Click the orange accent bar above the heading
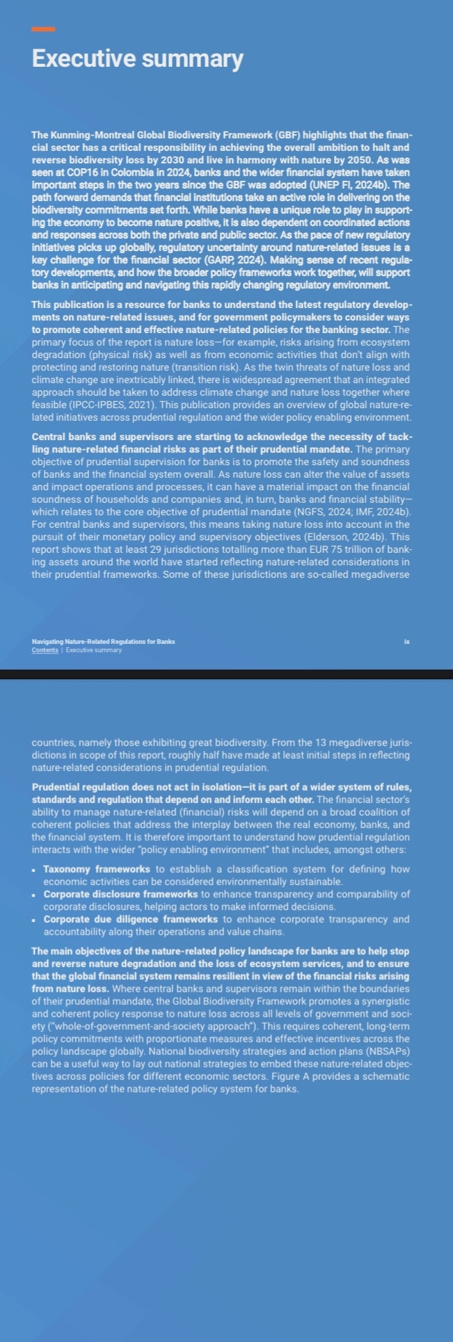coord(43,29)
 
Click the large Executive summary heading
coord(137,59)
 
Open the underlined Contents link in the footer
coord(45,650)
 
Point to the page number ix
coord(407,641)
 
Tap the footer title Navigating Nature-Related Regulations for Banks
coord(103,641)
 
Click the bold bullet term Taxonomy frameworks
coord(96,869)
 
